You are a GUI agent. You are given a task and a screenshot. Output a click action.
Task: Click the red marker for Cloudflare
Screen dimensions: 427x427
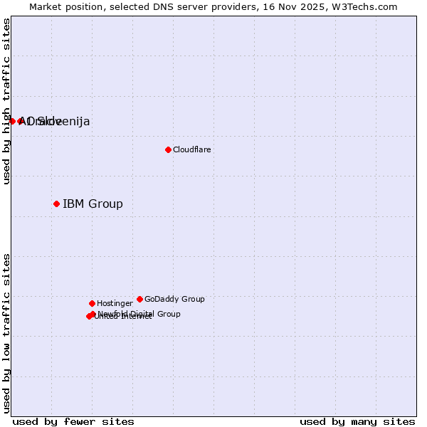[x=168, y=149]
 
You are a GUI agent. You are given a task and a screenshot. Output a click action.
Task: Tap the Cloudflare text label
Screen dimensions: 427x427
[x=191, y=150]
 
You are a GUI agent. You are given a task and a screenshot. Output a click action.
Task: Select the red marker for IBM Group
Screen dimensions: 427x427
[x=56, y=204]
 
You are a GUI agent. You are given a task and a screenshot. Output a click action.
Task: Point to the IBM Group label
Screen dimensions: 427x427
[x=93, y=204]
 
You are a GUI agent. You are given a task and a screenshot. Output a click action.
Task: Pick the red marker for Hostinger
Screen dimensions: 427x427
[x=92, y=304]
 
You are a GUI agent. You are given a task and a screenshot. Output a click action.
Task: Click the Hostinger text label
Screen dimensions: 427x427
[x=115, y=304]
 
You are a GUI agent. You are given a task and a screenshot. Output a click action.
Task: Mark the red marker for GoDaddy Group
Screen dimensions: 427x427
[x=139, y=300]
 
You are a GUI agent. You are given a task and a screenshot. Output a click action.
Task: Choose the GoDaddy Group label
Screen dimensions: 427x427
[x=174, y=300]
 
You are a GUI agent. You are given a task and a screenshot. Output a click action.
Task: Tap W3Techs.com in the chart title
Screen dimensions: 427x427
[x=367, y=7]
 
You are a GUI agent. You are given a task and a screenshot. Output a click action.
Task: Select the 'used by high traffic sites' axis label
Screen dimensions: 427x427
[x=7, y=101]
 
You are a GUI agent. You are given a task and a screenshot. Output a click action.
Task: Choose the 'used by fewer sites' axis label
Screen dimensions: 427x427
[x=73, y=422]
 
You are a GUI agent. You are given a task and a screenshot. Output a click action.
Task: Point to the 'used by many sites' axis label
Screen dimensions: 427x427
[x=357, y=422]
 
